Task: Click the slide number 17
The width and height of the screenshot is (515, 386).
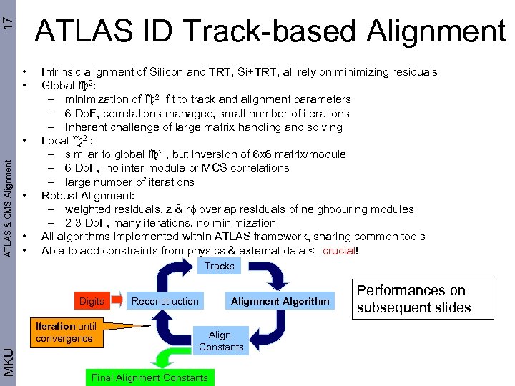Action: [x=7, y=19]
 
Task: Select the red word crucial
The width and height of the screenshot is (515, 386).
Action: [x=340, y=250]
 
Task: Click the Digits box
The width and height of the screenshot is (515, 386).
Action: [x=92, y=301]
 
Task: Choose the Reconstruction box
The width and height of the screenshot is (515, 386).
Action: [x=165, y=301]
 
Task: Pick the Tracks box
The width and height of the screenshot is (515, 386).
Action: [x=219, y=266]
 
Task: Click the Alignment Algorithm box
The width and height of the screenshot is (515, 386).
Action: [x=280, y=301]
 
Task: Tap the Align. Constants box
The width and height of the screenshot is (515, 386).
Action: [x=221, y=340]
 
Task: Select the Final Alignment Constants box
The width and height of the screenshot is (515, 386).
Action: [x=149, y=377]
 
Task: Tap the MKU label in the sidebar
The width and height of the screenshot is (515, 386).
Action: [x=7, y=361]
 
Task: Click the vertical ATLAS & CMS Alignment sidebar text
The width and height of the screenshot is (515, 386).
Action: [x=7, y=207]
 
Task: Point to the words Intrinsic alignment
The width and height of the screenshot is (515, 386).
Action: [x=87, y=71]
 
